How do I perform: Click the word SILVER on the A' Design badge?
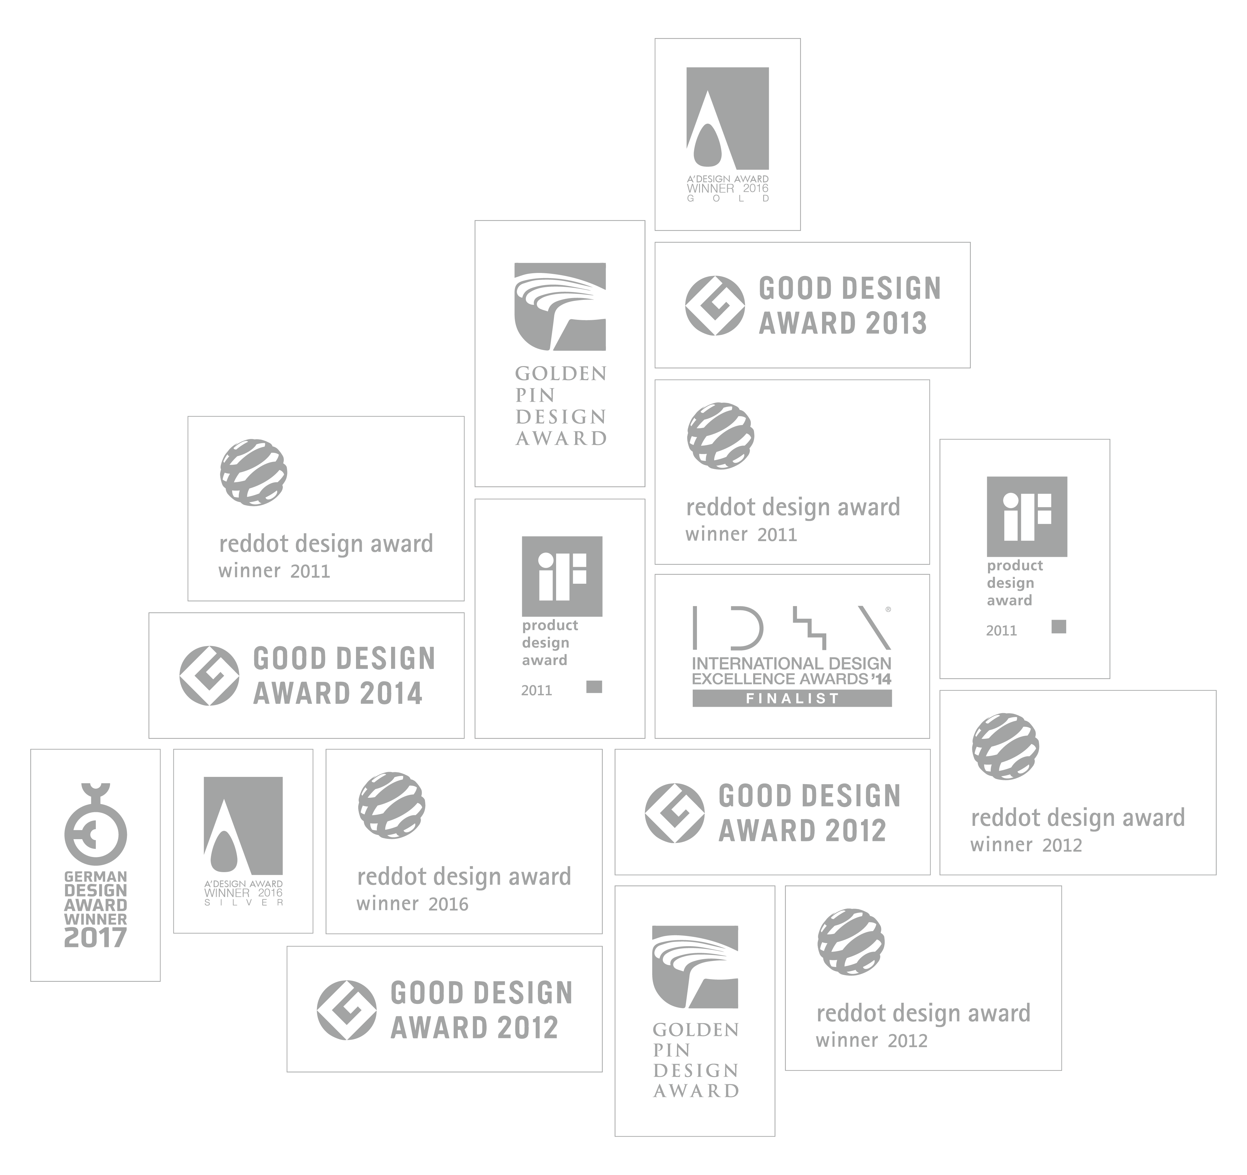pyautogui.click(x=243, y=903)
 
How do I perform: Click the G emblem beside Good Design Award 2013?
pyautogui.click(x=715, y=306)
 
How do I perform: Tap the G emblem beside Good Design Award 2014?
pyautogui.click(x=209, y=676)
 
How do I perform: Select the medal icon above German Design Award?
pyautogui.click(x=95, y=825)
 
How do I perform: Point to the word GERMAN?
pyautogui.click(x=95, y=876)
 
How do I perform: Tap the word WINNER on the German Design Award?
pyautogui.click(x=95, y=919)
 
